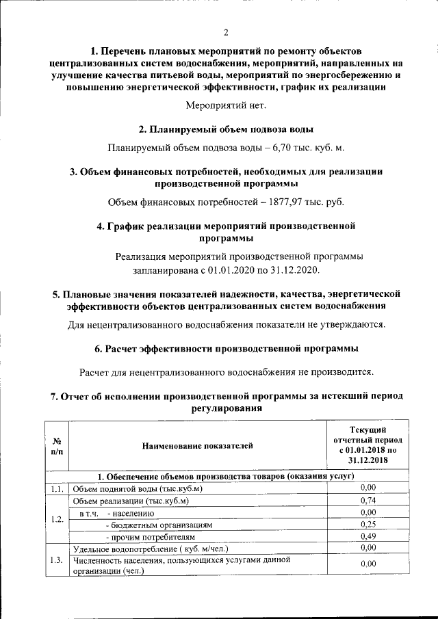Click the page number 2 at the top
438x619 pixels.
(x=225, y=32)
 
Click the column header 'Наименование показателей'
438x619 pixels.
(x=197, y=446)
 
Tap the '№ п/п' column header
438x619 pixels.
(x=57, y=446)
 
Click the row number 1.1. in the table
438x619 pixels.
(x=57, y=488)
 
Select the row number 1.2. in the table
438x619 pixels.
(x=57, y=518)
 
